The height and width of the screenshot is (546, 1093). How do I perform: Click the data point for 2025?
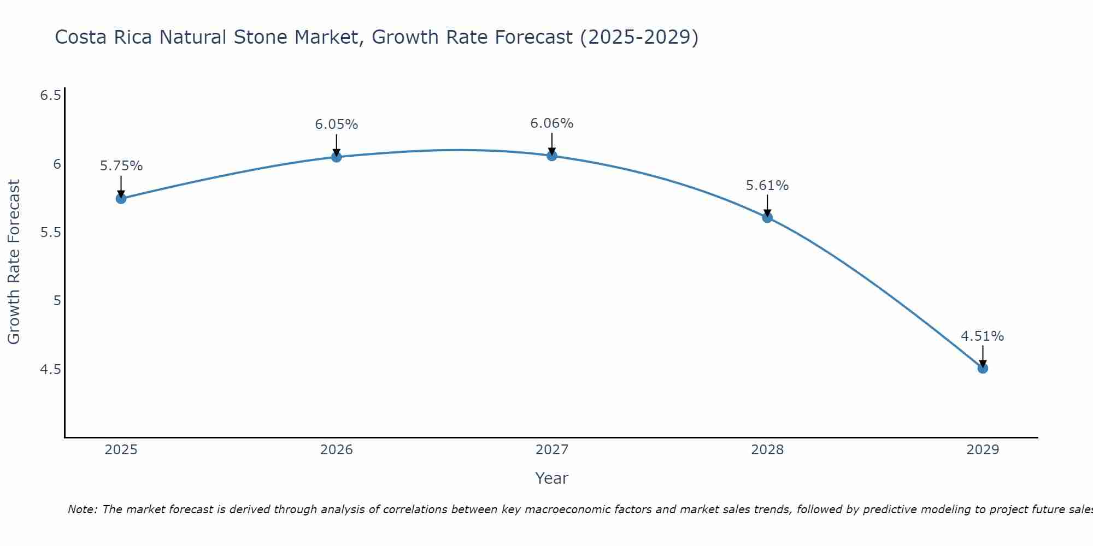coord(121,198)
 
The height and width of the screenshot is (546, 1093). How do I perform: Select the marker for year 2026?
coord(337,157)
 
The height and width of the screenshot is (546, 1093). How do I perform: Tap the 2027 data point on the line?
coord(552,156)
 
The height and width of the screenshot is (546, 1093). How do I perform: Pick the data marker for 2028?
coord(767,217)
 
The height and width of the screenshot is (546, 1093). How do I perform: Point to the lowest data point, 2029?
coord(983,368)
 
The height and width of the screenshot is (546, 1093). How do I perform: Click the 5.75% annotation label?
coord(121,166)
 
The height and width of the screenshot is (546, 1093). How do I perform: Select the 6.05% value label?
coord(337,124)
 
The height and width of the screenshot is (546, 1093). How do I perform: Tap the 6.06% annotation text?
coord(552,123)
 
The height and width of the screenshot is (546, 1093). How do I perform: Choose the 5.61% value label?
coord(767,186)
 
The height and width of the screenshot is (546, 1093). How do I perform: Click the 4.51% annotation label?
coord(983,336)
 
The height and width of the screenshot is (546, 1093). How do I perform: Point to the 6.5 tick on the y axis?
coord(50,96)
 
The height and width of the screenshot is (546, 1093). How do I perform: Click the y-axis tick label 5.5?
coord(50,233)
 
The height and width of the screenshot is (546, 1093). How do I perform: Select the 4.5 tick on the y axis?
coord(50,370)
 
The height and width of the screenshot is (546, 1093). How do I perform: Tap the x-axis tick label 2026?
coord(337,450)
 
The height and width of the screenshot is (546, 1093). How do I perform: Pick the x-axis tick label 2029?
coord(983,450)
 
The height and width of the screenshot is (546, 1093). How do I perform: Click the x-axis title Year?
coord(552,478)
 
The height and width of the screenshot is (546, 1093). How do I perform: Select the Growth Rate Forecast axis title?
coord(14,262)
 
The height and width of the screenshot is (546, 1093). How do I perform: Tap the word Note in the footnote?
coord(82,509)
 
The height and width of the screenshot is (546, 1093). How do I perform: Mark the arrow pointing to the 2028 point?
coord(767,206)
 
